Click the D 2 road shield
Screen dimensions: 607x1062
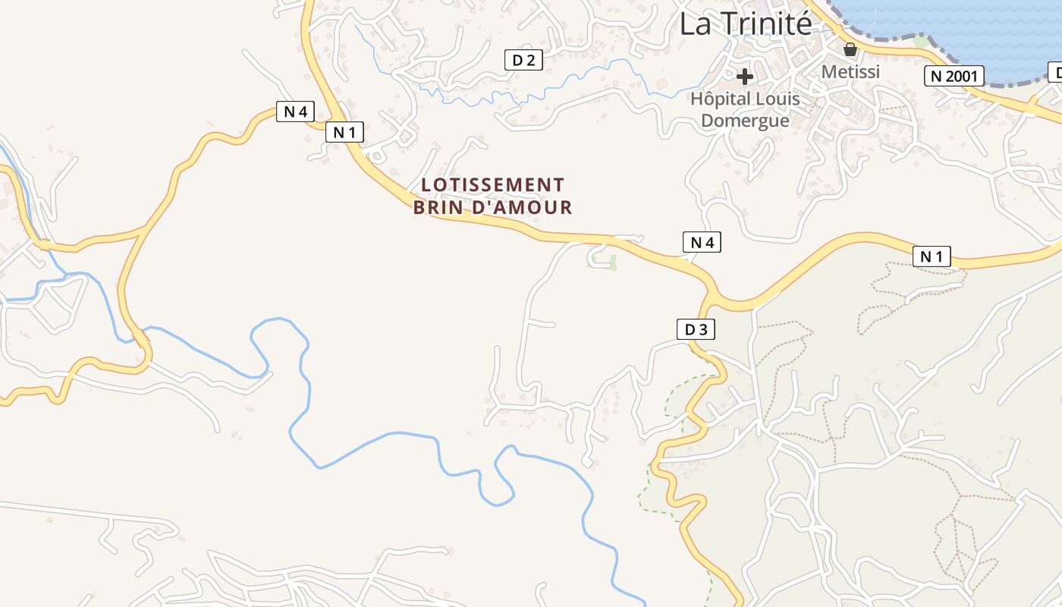(x=523, y=60)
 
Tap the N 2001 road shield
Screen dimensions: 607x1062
(x=954, y=76)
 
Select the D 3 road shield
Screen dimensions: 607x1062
(x=696, y=329)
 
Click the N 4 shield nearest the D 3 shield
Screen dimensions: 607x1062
(x=702, y=242)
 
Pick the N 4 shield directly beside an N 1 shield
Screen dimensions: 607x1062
(x=295, y=112)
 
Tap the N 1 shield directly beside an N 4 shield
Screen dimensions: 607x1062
(x=344, y=132)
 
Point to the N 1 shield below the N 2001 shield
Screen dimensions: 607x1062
(x=932, y=256)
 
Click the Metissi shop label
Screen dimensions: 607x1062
(x=850, y=71)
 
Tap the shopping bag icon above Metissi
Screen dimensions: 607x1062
(x=850, y=49)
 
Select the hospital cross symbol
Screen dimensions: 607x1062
(x=745, y=76)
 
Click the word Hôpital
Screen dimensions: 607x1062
(x=721, y=99)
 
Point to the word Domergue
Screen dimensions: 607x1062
(x=745, y=121)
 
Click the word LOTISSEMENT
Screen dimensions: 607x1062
(x=492, y=184)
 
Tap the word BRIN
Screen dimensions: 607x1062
(x=438, y=207)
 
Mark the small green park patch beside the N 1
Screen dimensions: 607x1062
(x=602, y=261)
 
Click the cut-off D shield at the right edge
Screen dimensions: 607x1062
(x=1055, y=73)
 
